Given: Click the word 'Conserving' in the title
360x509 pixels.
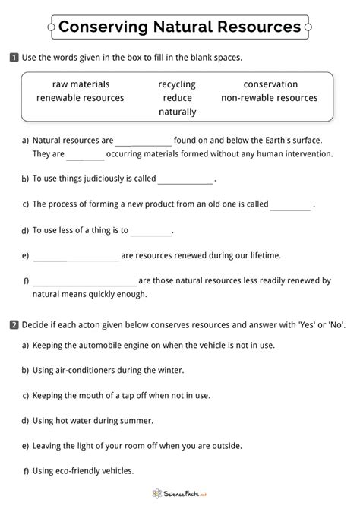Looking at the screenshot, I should (96, 27).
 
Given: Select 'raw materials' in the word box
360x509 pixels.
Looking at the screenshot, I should (81, 84).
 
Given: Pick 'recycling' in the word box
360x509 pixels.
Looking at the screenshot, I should (177, 84).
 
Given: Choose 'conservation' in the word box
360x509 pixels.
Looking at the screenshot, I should (270, 84).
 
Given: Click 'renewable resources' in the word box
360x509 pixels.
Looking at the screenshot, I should (81, 98).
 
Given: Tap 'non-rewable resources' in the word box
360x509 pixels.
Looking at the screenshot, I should (270, 98).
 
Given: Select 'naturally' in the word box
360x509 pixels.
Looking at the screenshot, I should (177, 112).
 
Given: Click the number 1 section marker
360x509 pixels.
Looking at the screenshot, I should (14, 58).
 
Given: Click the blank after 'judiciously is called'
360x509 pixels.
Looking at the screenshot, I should (185, 180).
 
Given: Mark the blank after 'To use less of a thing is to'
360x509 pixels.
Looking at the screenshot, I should (151, 231).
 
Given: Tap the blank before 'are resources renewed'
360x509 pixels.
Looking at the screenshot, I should (76, 257).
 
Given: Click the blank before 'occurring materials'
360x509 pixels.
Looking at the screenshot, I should (85, 155).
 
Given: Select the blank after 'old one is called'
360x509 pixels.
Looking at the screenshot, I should (291, 205).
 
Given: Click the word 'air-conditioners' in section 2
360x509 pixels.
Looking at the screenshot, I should (98, 370).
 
